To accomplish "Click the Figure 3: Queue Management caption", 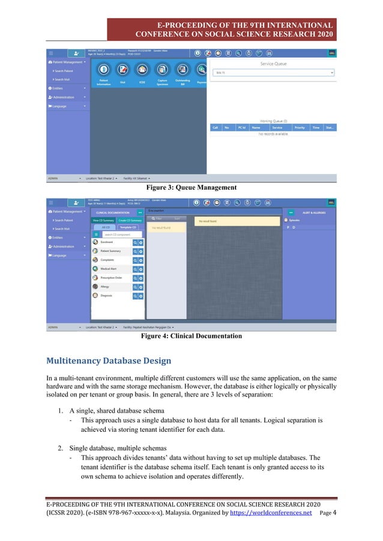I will (191, 188).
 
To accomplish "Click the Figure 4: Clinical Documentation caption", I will (191, 336).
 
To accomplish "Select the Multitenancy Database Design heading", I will (109, 360).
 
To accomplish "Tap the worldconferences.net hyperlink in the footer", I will (271, 513).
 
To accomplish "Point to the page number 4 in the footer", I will (334, 513).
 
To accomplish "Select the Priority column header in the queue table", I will (300, 128).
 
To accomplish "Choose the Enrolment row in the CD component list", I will (108, 242).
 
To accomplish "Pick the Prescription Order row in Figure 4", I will (111, 278).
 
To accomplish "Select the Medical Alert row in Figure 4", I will (109, 269).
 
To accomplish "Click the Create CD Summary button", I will (130, 220).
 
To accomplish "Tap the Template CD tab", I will (128, 227).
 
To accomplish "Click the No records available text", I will (273, 134).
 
